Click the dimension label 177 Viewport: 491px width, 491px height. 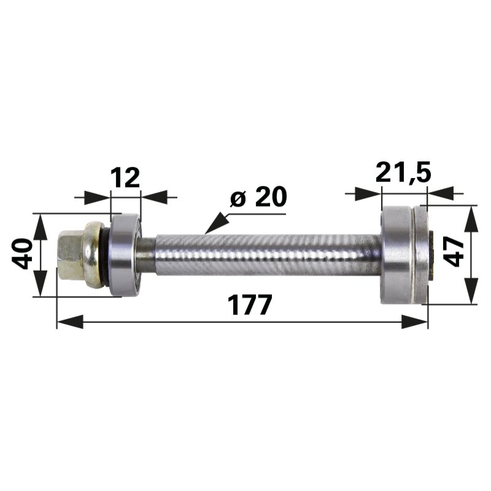click(249, 304)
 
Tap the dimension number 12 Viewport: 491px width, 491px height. click(125, 178)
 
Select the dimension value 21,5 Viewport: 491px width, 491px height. click(403, 174)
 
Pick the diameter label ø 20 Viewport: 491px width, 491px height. click(258, 198)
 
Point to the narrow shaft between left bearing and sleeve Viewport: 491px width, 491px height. click(149, 253)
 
